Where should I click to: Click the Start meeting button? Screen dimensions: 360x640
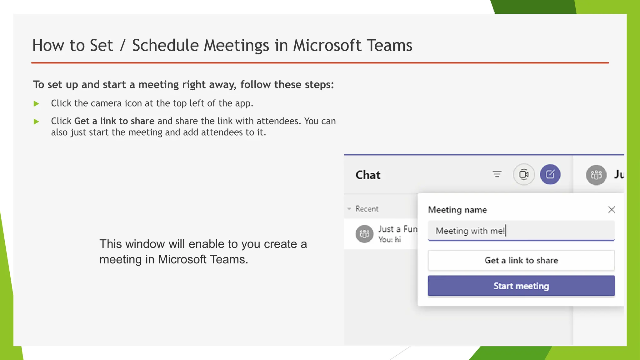[x=521, y=286]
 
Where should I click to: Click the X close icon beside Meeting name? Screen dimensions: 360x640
[x=612, y=210]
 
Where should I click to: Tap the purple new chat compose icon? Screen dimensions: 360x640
[x=550, y=174]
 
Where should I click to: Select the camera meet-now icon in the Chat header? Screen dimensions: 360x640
[x=524, y=174]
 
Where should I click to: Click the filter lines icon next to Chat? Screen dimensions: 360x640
[x=497, y=174]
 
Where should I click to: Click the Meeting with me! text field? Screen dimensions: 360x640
[x=521, y=231]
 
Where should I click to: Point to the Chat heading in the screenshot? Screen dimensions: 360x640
[x=368, y=175]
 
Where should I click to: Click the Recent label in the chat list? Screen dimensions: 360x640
[x=367, y=209]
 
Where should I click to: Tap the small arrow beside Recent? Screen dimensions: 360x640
[x=349, y=209]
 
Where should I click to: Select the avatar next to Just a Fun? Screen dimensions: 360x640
[x=364, y=234]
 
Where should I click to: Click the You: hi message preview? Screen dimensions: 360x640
[x=389, y=240]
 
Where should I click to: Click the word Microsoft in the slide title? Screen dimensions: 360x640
[x=327, y=45]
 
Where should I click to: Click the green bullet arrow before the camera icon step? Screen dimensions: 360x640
[x=36, y=104]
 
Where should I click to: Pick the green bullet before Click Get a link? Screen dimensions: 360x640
[x=36, y=122]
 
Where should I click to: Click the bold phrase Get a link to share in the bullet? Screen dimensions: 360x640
[x=114, y=121]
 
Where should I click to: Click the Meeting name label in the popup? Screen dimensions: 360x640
[x=457, y=210]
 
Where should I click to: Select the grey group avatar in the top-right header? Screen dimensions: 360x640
[x=596, y=175]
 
